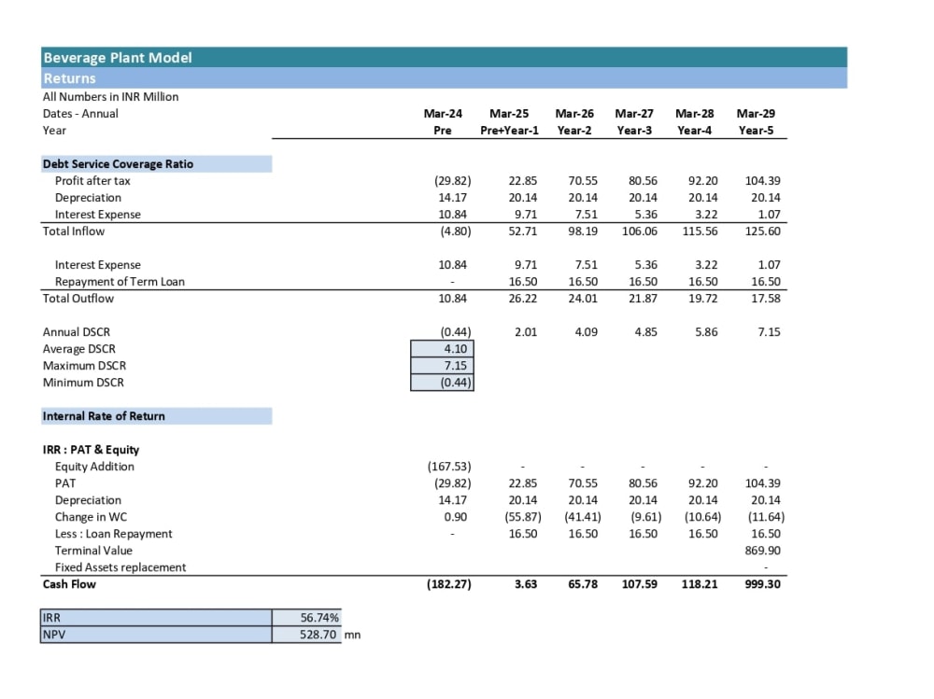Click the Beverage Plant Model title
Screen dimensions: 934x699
[x=118, y=58]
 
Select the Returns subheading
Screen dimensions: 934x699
[x=69, y=78]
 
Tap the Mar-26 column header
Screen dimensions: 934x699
[x=574, y=113]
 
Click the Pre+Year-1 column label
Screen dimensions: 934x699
[x=509, y=131]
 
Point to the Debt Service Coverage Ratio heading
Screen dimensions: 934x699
[x=118, y=163]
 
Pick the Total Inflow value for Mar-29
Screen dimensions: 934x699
[x=762, y=231]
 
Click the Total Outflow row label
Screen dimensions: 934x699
[x=78, y=299]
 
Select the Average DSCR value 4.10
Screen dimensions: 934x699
[x=456, y=349]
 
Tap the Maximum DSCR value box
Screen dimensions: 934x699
[x=442, y=366]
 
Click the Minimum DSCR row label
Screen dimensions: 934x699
[x=83, y=383]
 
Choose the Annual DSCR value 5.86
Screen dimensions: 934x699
[x=706, y=331]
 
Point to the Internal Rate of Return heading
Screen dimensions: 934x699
[x=104, y=416]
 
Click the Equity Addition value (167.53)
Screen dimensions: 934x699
[x=449, y=467]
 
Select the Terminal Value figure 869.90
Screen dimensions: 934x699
[x=762, y=551]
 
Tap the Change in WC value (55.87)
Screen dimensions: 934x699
[x=523, y=517]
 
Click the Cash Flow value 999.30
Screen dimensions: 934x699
[x=762, y=584]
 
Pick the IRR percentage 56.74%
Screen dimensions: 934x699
[x=319, y=618]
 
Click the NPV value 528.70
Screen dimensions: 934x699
[x=318, y=635]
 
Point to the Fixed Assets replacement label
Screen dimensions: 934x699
[x=120, y=567]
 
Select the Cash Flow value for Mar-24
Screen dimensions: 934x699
[x=449, y=584]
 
